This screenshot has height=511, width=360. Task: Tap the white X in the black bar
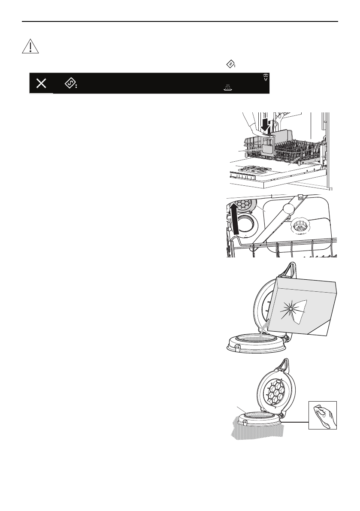[41, 84]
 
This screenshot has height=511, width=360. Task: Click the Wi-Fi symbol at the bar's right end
[266, 77]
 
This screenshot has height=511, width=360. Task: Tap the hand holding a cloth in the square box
[323, 414]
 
